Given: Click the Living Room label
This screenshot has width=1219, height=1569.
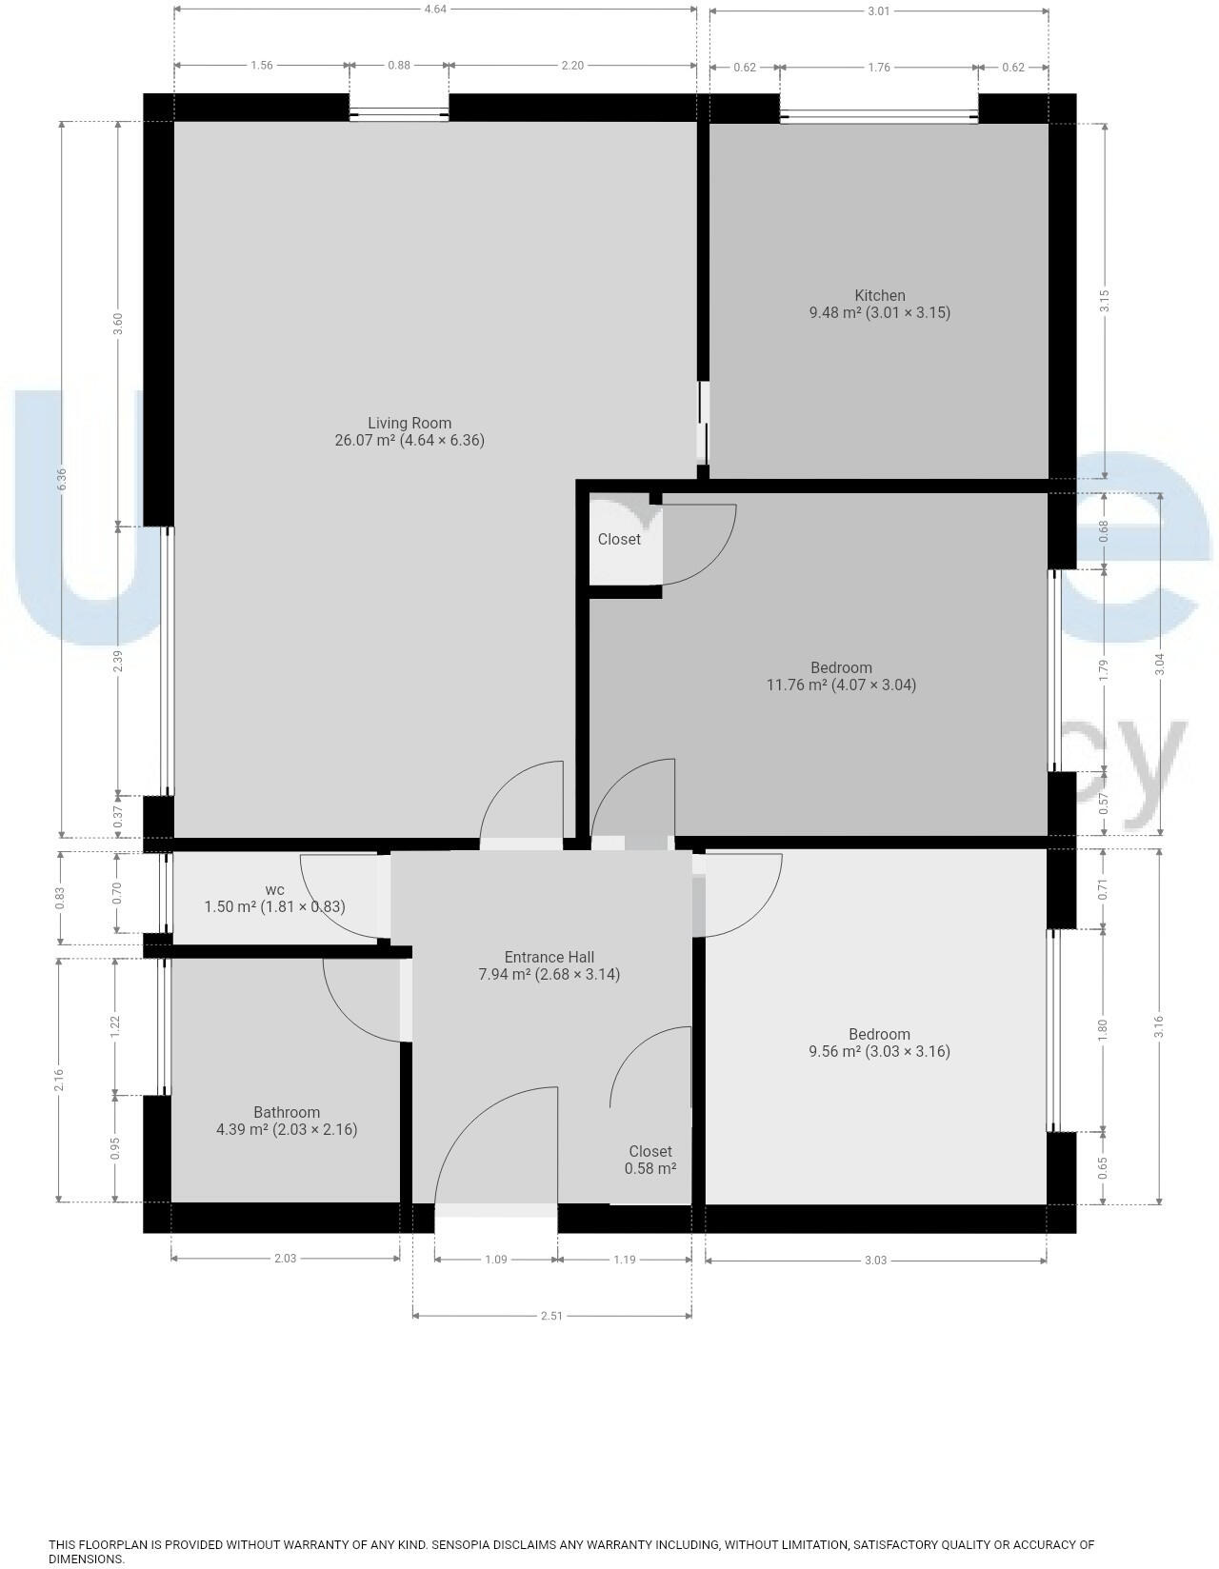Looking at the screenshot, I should [410, 424].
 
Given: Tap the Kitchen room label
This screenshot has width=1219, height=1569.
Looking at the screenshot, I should [879, 296].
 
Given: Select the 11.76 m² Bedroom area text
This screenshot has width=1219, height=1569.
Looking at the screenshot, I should [841, 685].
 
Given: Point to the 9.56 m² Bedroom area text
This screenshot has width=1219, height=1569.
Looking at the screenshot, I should [879, 1051].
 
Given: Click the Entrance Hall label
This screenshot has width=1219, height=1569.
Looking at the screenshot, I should [549, 958].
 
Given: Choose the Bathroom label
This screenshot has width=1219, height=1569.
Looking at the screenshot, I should [287, 1112].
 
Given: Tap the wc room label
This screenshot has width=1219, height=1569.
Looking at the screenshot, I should [274, 890].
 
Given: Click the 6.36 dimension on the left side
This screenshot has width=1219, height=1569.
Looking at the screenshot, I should [62, 479].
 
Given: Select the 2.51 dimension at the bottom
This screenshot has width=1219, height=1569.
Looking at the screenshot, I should [551, 1316].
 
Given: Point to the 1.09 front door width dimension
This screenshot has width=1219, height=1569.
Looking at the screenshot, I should [496, 1260].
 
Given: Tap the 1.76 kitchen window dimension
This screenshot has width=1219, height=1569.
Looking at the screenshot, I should [879, 67].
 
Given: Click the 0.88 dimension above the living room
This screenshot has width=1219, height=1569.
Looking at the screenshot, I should [399, 66].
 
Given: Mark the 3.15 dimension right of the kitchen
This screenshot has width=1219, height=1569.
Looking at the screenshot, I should [1105, 301].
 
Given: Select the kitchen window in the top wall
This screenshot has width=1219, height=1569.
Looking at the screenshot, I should [879, 118].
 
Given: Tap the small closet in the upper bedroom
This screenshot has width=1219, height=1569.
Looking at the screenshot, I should [620, 540].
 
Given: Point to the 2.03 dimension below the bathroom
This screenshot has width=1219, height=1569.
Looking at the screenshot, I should [285, 1259].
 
